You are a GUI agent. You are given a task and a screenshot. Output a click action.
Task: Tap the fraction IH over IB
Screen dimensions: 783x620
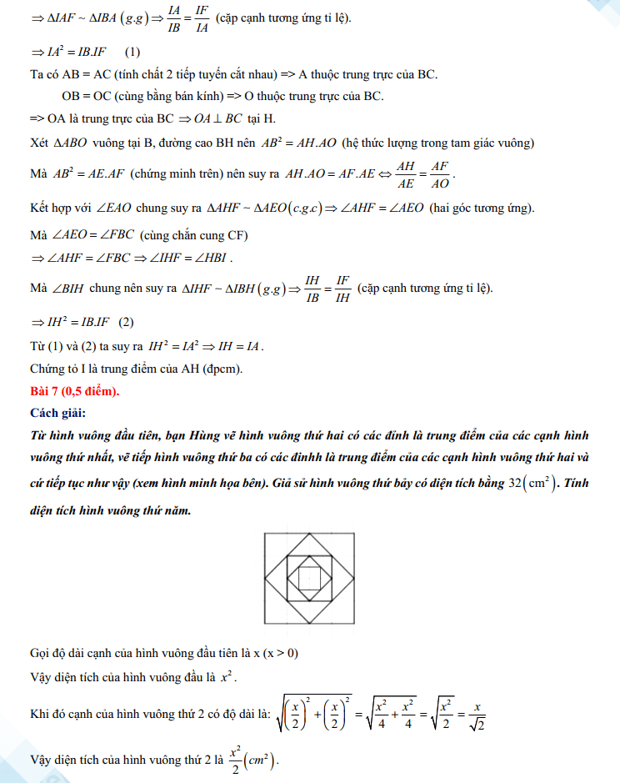point(312,288)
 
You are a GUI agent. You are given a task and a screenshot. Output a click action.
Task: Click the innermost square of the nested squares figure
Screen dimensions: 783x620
point(309,578)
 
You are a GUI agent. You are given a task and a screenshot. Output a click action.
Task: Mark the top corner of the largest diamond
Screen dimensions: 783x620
point(309,534)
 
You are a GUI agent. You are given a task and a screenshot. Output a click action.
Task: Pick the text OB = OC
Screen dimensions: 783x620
point(88,96)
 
